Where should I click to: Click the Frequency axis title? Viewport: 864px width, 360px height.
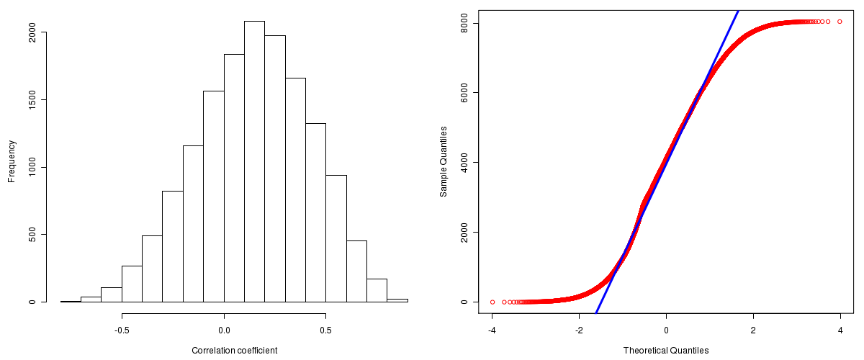(x=12, y=161)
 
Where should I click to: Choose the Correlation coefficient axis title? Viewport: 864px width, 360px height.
(x=234, y=351)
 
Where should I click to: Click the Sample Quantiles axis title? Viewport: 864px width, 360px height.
(x=444, y=161)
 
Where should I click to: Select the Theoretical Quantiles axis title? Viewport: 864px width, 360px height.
(x=666, y=351)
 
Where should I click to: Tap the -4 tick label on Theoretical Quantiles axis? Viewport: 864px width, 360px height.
(x=492, y=330)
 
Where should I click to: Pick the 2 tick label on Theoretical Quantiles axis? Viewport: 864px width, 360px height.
(x=753, y=330)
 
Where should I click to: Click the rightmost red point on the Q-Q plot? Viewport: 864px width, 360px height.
(x=840, y=22)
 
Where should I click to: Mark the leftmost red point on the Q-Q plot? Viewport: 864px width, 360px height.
(x=492, y=302)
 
